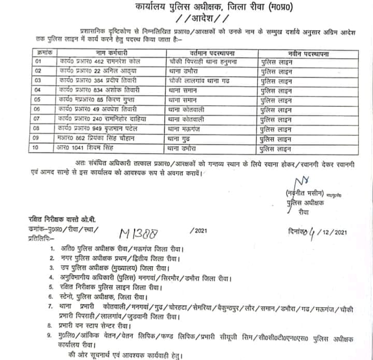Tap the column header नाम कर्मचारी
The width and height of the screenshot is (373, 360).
point(110,53)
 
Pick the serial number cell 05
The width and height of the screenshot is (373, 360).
point(38,99)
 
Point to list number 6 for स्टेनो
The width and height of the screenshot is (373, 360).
point(51,296)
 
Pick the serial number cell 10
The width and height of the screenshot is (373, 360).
point(38,148)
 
